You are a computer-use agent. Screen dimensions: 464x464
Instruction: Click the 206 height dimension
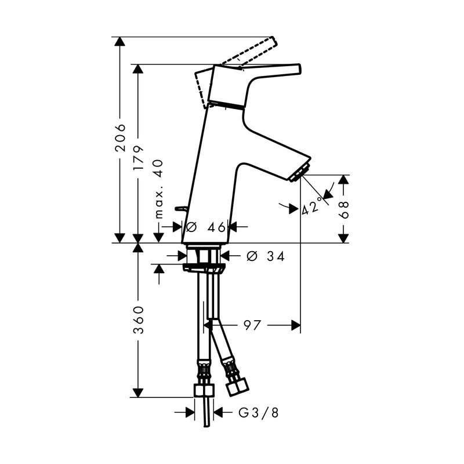121,138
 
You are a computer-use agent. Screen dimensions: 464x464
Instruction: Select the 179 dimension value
138,157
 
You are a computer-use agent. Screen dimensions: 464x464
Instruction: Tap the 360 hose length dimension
138,320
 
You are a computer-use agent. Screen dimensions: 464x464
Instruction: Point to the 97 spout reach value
252,325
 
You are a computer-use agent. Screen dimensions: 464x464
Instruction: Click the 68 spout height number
343,209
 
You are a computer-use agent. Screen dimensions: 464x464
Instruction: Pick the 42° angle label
312,206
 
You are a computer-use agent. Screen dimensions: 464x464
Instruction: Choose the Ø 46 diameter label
206,227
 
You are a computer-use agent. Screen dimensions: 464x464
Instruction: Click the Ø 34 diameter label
266,256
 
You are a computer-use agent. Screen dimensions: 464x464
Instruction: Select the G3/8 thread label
259,412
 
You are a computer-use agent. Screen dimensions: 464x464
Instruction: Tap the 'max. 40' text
159,189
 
